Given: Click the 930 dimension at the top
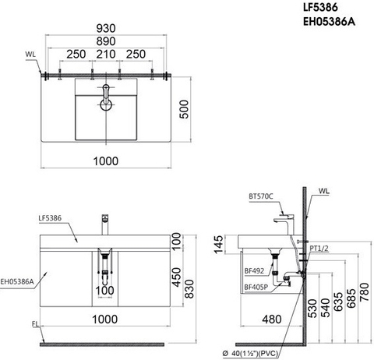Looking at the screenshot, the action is tap(106, 28).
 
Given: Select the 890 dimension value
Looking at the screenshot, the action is tap(106, 41).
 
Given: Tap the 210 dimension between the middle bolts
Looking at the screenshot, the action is tap(106, 55).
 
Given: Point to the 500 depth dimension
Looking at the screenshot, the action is tap(184, 109).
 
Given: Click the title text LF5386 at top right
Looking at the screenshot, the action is tap(320, 7).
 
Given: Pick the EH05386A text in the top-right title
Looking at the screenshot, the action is tap(329, 22).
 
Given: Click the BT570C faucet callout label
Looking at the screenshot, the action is tap(261, 196).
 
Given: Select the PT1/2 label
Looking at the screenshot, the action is tap(319, 249).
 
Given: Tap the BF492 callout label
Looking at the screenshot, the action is tap(254, 271).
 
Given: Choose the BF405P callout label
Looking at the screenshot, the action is tap(256, 288).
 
